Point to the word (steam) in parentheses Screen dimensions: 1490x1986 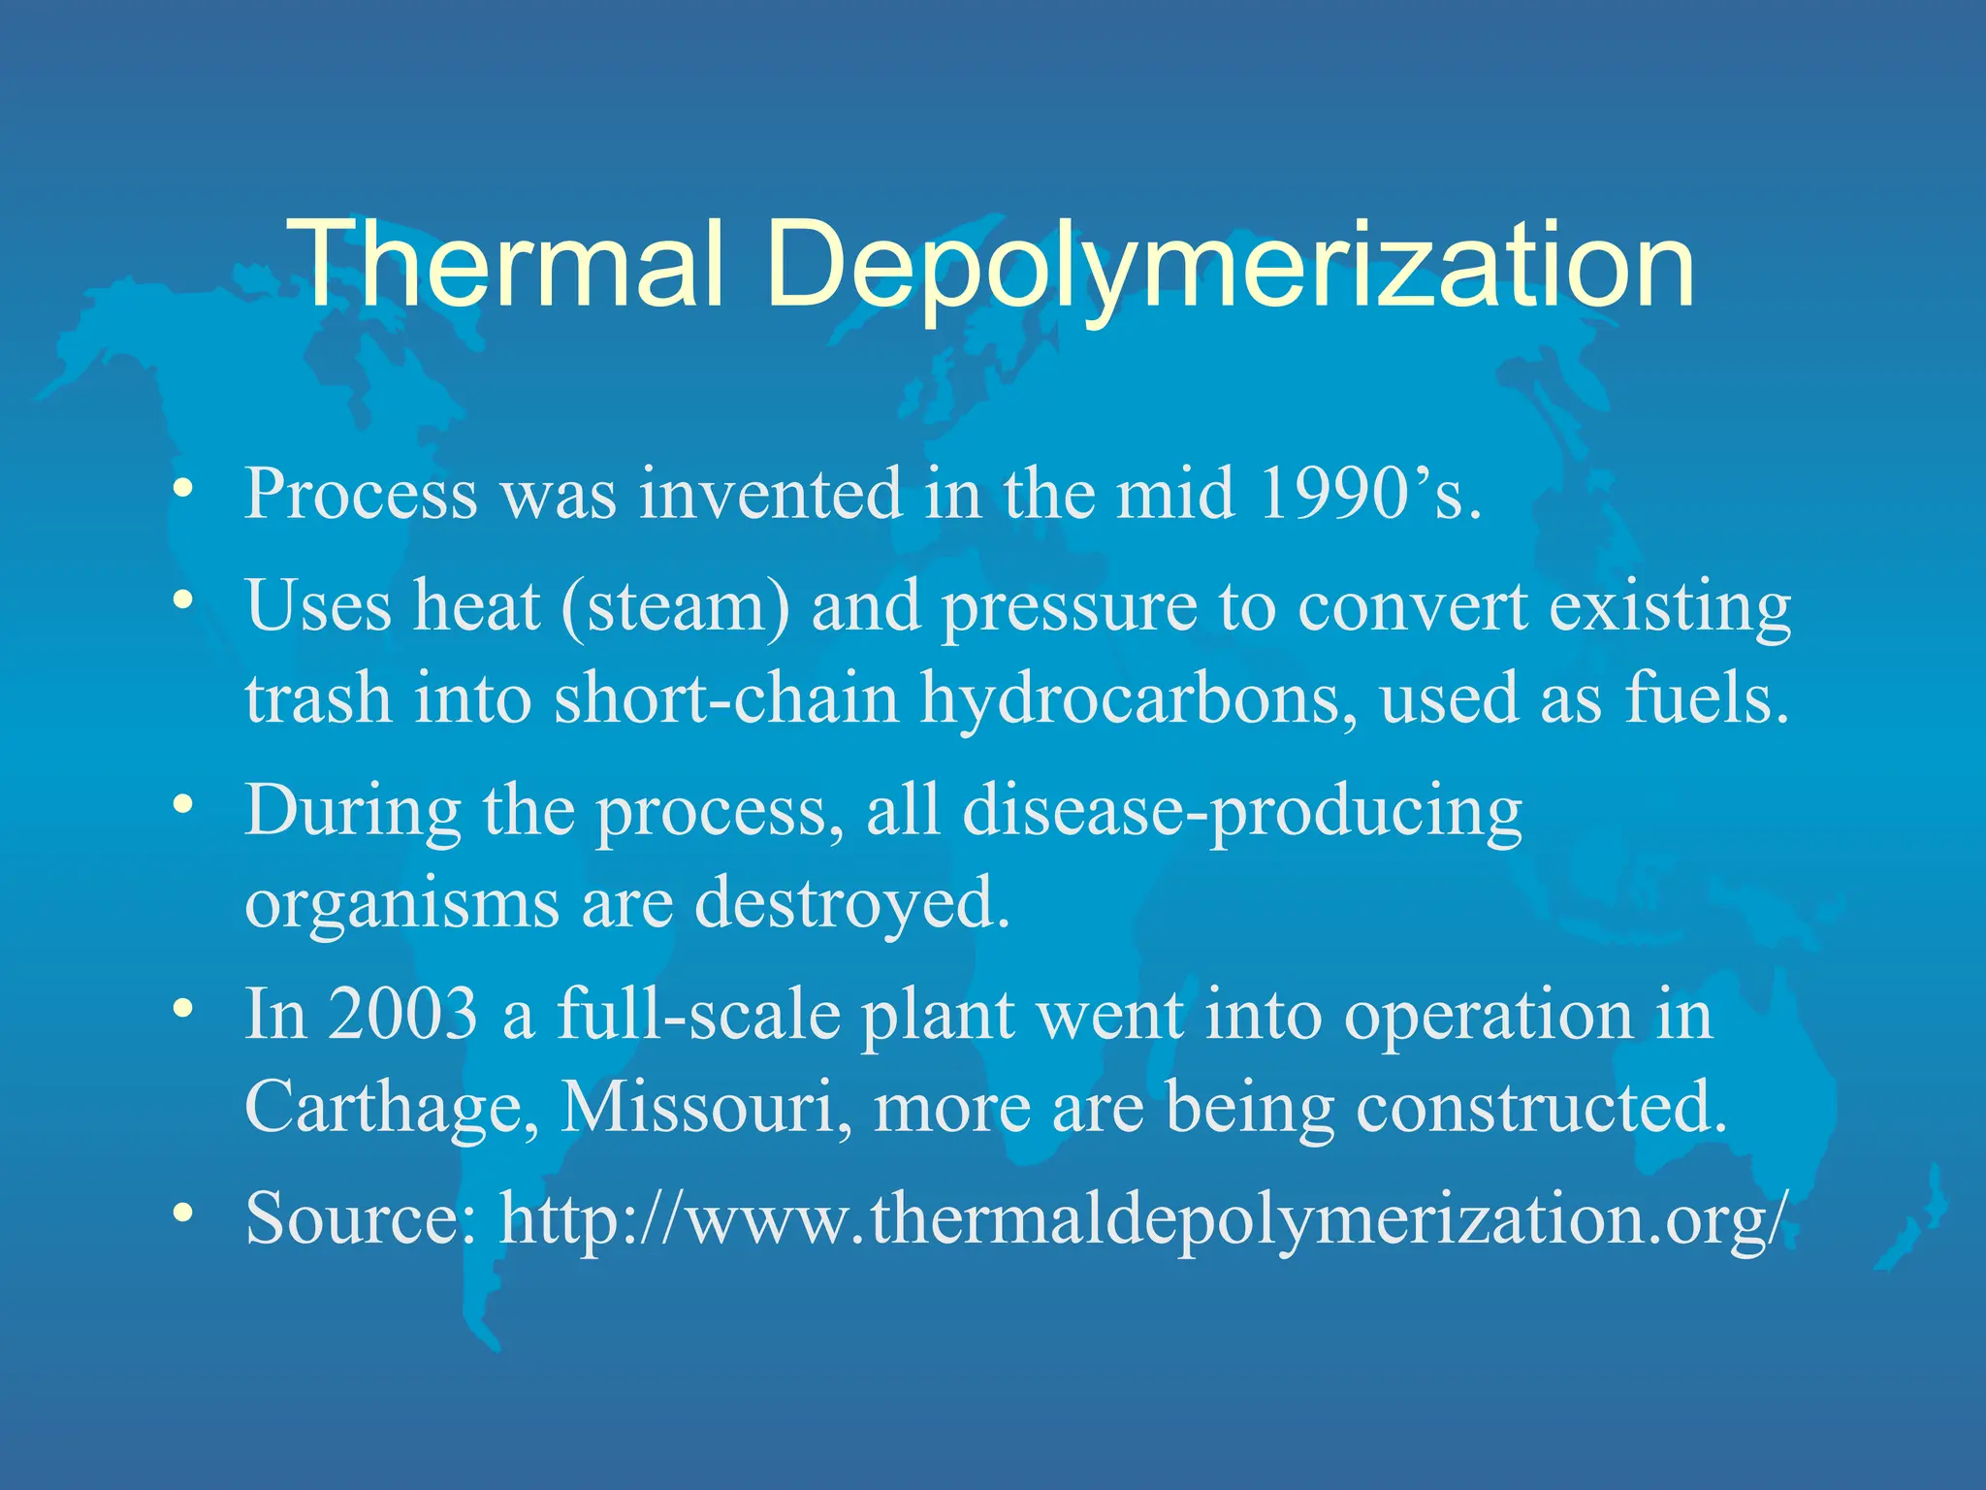click(x=675, y=606)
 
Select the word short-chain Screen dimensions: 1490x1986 click(x=726, y=698)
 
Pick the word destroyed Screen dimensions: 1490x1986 click(x=851, y=902)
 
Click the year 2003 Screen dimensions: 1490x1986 click(x=402, y=1014)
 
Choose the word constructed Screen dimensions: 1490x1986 click(x=1542, y=1105)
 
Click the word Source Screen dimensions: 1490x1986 click(x=360, y=1217)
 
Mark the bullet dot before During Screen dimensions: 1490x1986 click(x=181, y=804)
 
